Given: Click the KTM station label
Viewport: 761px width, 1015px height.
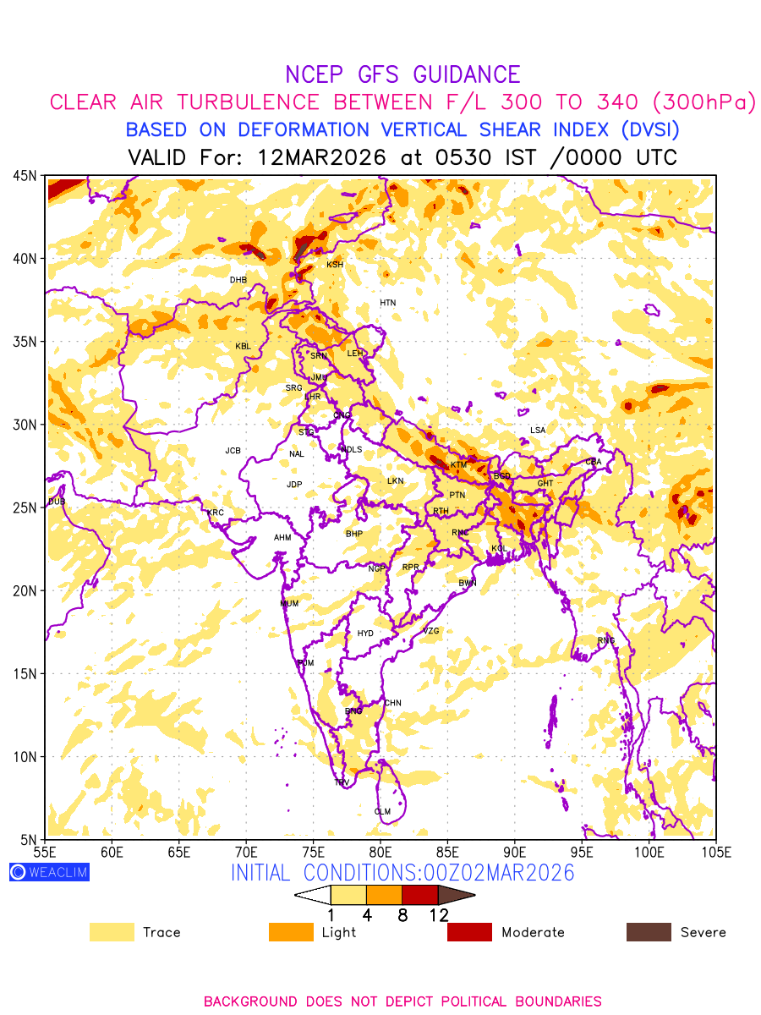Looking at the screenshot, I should click(458, 465).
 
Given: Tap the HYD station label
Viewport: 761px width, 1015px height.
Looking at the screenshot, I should click(365, 634).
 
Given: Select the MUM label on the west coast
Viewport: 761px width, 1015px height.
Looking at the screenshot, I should click(289, 604).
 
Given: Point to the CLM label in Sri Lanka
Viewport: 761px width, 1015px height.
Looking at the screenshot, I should click(383, 812).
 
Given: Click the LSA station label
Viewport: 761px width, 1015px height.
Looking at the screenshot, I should click(538, 431).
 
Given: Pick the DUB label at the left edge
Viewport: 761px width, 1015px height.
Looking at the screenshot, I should click(57, 502).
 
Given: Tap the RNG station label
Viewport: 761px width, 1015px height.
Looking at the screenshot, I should click(606, 640).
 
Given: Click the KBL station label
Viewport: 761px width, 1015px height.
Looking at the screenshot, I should click(244, 347).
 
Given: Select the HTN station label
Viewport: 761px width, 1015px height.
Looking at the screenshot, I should click(388, 303).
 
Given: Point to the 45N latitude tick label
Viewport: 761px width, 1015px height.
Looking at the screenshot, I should click(25, 175).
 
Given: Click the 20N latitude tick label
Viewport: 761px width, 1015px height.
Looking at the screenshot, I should click(25, 590).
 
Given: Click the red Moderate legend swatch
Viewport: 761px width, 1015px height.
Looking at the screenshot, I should click(469, 932).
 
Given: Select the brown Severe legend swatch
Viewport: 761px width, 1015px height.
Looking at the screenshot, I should click(649, 932).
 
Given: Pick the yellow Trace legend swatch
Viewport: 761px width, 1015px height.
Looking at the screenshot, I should click(112, 932).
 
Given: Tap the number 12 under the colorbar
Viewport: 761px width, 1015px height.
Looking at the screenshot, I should click(438, 914).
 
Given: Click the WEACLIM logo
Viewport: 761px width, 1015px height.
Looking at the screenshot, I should click(49, 872).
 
